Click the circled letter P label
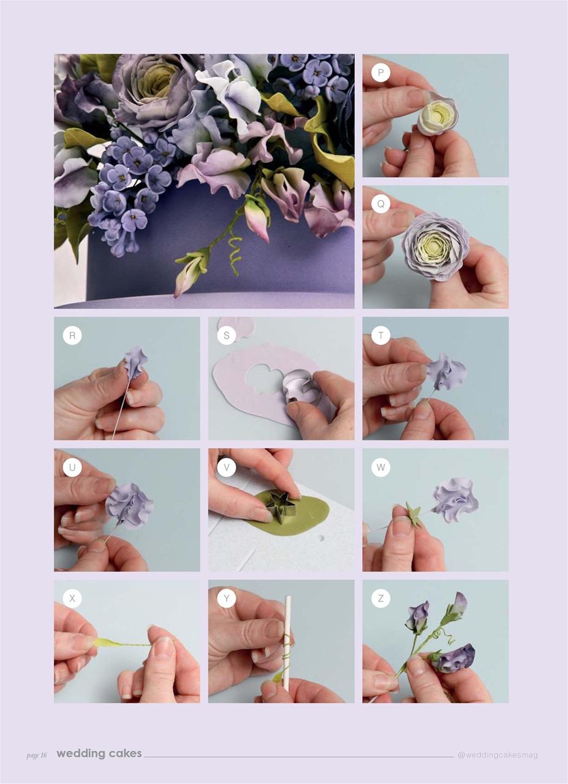click(x=381, y=72)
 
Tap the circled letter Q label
click(x=381, y=204)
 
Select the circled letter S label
click(x=226, y=335)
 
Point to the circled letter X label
click(x=72, y=598)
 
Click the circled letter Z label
click(x=381, y=598)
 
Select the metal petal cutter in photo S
click(x=300, y=388)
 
